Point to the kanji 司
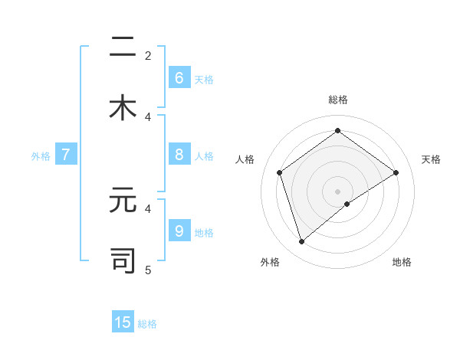click(x=123, y=260)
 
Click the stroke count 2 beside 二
click(x=148, y=55)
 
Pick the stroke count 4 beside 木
click(x=148, y=116)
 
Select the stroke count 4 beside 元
click(x=148, y=208)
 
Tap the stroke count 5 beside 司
click(x=148, y=270)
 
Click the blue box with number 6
click(x=179, y=77)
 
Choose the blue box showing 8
click(x=179, y=154)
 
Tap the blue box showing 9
click(x=179, y=231)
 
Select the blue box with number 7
click(x=66, y=155)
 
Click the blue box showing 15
click(x=123, y=322)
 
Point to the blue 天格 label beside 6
click(x=204, y=79)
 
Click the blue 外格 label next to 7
click(x=40, y=156)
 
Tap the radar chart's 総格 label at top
click(x=337, y=100)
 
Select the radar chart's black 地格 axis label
click(x=402, y=263)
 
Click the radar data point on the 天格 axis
click(x=396, y=172)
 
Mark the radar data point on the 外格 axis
click(x=301, y=242)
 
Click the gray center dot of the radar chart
click(x=337, y=191)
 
